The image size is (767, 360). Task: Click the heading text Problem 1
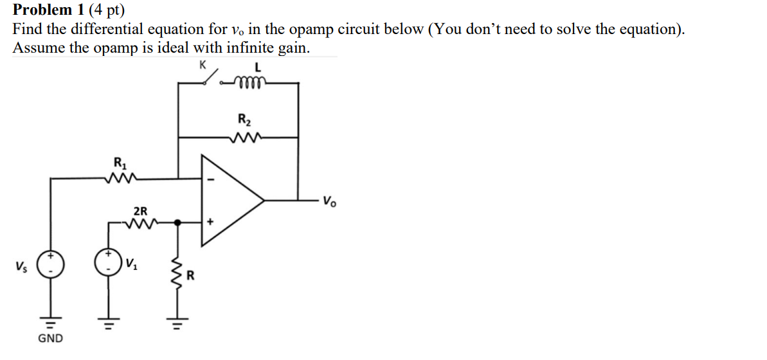[44, 10]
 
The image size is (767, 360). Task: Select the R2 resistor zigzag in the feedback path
[245, 136]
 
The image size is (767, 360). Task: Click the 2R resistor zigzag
[140, 224]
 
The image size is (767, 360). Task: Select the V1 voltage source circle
[107, 263]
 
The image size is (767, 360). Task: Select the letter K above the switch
[203, 64]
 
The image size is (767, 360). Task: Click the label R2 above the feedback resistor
[244, 120]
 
